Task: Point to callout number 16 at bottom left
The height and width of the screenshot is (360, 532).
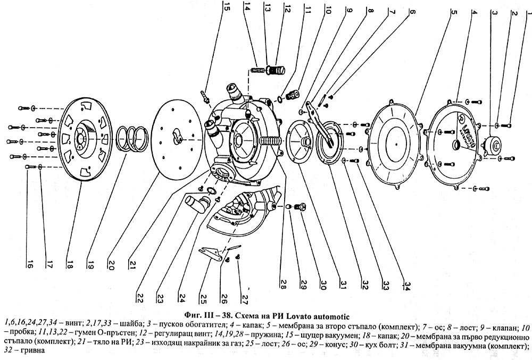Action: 30,262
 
